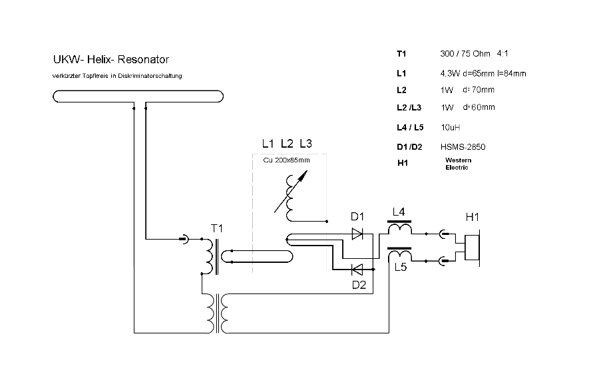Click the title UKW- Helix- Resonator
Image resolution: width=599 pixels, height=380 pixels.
(x=110, y=60)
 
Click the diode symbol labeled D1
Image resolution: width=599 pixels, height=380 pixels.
(x=357, y=234)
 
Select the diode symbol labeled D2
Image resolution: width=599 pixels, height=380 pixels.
(x=357, y=270)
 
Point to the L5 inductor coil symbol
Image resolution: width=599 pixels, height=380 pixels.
(x=399, y=254)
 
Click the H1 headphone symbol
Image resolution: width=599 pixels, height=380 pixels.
(x=472, y=248)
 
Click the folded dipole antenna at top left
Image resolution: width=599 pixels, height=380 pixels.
(x=138, y=96)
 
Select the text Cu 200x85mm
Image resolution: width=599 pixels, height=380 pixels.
(x=286, y=160)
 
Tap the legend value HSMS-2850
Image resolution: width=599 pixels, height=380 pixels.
(x=463, y=147)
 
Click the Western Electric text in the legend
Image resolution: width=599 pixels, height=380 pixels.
(x=458, y=164)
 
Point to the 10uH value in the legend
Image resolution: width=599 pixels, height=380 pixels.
(x=451, y=128)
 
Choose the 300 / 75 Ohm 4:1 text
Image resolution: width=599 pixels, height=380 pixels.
(x=474, y=54)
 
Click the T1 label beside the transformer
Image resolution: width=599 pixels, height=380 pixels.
(x=216, y=229)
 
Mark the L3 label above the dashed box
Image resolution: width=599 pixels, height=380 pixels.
(x=305, y=144)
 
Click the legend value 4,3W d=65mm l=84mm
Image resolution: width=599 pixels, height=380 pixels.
(x=483, y=74)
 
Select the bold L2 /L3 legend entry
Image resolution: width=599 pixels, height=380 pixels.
(x=409, y=108)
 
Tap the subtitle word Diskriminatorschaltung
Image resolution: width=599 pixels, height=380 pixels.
(x=150, y=76)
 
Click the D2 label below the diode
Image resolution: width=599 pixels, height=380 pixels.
(x=359, y=285)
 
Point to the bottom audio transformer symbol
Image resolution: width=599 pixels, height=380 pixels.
(x=218, y=313)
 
